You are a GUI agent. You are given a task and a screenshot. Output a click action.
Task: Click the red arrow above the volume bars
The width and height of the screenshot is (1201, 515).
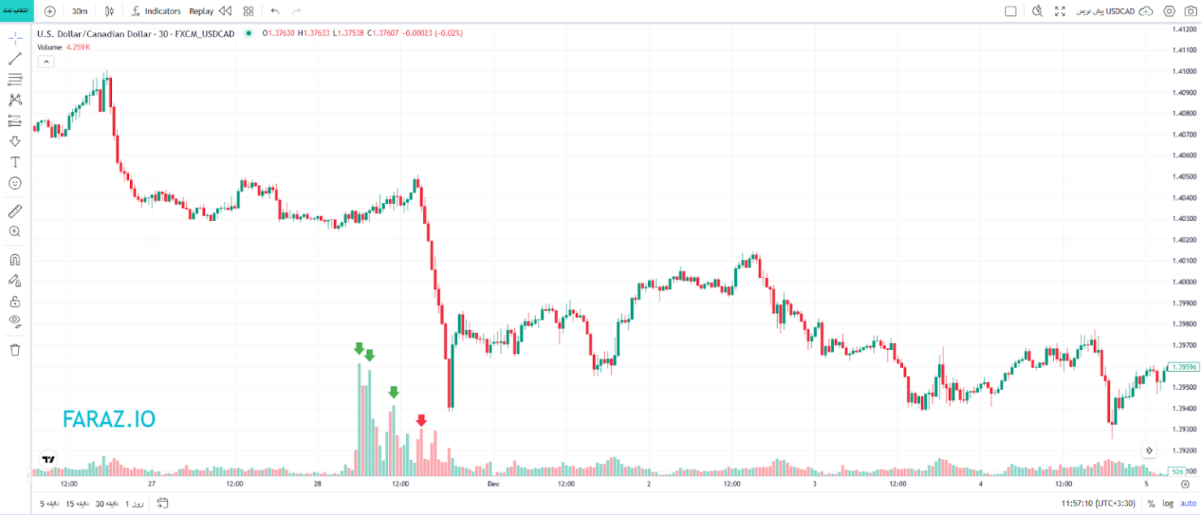tap(421, 420)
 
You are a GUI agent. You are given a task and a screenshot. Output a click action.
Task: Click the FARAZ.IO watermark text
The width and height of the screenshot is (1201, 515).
tap(109, 420)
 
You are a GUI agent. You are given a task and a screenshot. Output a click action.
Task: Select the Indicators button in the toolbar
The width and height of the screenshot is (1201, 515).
tap(156, 11)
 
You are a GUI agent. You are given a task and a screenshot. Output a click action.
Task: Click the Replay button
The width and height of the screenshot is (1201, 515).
tap(201, 11)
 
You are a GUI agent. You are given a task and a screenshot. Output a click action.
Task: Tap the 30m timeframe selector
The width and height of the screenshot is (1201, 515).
tap(79, 11)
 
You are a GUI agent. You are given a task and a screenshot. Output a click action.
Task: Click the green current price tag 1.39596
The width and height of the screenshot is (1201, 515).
tap(1181, 366)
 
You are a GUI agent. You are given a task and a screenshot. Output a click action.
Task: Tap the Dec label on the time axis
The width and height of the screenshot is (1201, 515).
tap(493, 485)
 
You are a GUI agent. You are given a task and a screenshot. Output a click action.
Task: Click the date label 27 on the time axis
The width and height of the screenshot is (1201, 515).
tap(151, 485)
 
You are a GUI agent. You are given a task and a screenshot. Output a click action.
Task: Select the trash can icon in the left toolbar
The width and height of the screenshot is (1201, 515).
tap(15, 349)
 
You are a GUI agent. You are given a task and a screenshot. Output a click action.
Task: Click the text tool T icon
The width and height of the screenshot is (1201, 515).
tap(15, 162)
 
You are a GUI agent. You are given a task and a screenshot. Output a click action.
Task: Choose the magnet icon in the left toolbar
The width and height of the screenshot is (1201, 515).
tap(15, 259)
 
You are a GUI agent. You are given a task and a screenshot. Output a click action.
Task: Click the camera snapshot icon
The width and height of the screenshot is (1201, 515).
tap(1191, 11)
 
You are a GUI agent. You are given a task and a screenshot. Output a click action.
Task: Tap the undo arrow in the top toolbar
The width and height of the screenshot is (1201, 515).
tap(275, 11)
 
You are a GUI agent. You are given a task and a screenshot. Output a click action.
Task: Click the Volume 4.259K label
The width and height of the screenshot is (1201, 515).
tap(64, 47)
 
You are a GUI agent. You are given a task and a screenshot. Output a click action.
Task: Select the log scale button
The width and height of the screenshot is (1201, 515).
tap(1168, 503)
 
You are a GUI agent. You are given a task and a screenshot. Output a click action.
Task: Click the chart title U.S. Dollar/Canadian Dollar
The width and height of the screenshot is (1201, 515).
tap(110, 33)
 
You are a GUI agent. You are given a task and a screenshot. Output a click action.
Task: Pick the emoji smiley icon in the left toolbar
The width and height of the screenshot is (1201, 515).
tap(15, 183)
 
